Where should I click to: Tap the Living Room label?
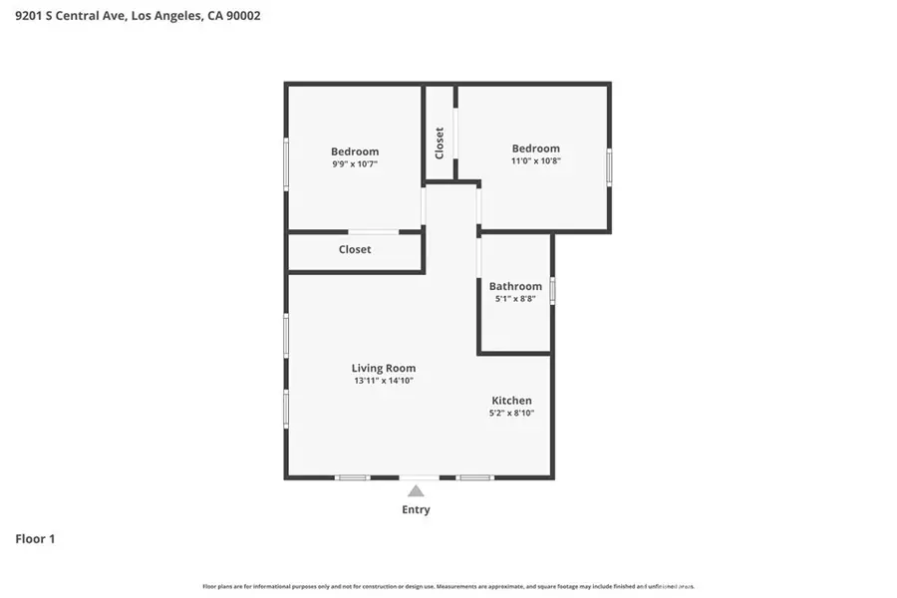(x=383, y=368)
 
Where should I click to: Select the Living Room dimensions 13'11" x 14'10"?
(x=383, y=381)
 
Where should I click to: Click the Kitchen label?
(x=511, y=400)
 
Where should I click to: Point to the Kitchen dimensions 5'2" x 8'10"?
(x=511, y=413)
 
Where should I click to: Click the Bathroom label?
(x=515, y=286)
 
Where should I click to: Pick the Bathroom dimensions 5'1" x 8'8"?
(x=515, y=299)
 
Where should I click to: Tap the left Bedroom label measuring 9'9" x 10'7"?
(x=355, y=151)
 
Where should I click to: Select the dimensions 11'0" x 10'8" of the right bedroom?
(x=536, y=160)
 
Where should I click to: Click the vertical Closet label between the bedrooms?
(x=440, y=143)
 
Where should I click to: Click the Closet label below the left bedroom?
(x=355, y=249)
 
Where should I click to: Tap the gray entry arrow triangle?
(x=416, y=490)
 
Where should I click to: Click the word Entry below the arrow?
(x=416, y=509)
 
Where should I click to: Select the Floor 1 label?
(x=35, y=539)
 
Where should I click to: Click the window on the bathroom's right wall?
(x=552, y=291)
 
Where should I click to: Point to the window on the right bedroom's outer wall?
(x=609, y=164)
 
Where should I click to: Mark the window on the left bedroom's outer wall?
(x=286, y=164)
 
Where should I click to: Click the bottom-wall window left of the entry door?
(x=352, y=477)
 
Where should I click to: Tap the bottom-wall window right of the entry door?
(x=475, y=477)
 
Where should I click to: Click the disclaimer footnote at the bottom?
(x=448, y=586)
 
